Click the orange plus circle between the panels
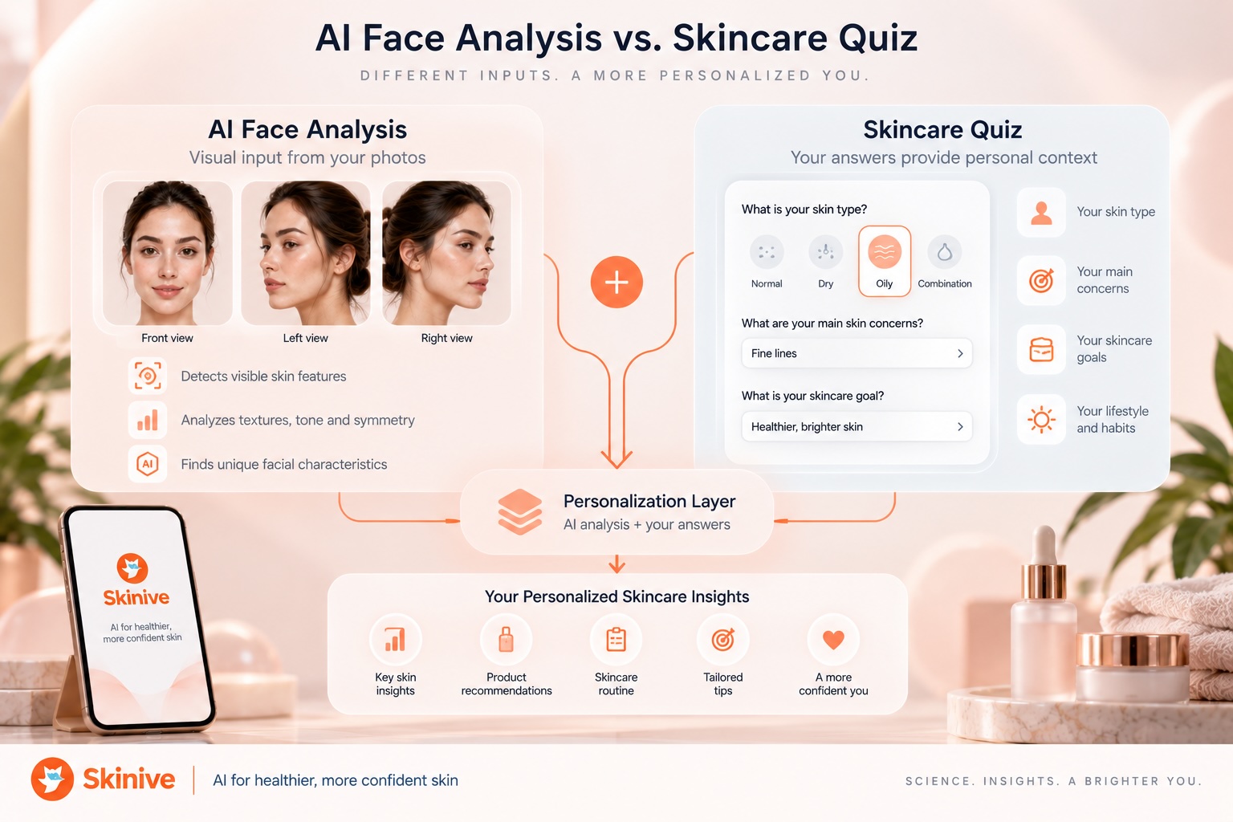click(616, 282)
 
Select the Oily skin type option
click(884, 261)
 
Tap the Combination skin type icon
click(945, 252)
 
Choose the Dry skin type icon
click(826, 252)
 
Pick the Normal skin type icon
click(767, 252)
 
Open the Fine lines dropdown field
click(857, 353)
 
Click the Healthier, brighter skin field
click(857, 426)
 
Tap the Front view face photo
click(167, 253)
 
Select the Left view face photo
click(306, 253)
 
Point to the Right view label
click(446, 338)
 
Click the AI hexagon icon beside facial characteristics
click(148, 464)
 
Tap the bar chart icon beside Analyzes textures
click(148, 420)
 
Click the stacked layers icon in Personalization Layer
click(519, 512)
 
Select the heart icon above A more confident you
click(833, 640)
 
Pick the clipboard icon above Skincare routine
click(616, 640)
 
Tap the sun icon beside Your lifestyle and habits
click(1041, 420)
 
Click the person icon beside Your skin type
click(1041, 213)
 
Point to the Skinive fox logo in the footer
click(52, 779)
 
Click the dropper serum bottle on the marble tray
click(1044, 614)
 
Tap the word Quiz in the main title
click(877, 39)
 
